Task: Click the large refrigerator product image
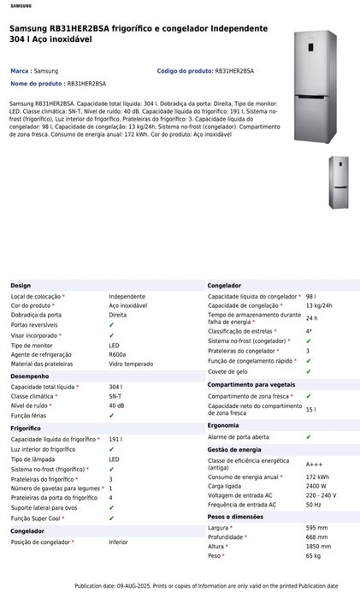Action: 314,86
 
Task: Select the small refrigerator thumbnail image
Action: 339,184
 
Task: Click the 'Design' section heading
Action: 21,285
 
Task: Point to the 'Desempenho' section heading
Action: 30,376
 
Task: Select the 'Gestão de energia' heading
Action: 234,449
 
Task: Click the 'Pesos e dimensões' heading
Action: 234,517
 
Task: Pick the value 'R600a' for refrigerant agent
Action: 117,354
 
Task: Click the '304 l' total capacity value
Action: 115,387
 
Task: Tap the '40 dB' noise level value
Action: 116,406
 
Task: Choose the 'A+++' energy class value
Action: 315,465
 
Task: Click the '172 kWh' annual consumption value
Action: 318,477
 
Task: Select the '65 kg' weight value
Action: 314,556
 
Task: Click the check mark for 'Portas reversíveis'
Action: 112,325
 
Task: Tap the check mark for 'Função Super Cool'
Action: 112,518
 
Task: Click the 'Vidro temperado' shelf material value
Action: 131,364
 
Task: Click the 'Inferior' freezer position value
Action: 118,542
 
